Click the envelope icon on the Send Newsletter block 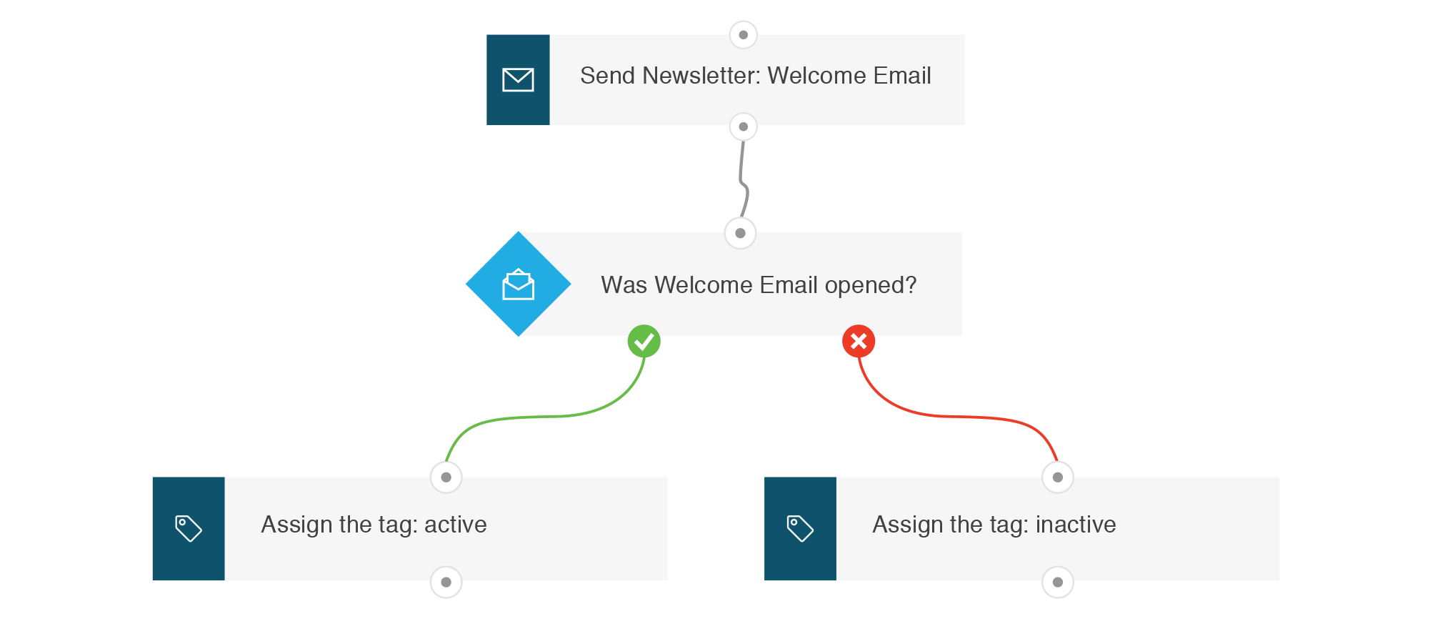pyautogui.click(x=518, y=80)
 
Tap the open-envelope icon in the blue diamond pyautogui.click(x=519, y=284)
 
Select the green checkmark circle pyautogui.click(x=644, y=341)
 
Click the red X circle pyautogui.click(x=859, y=341)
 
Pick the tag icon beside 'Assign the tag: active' pyautogui.click(x=189, y=528)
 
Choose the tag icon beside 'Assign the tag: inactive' pyautogui.click(x=800, y=528)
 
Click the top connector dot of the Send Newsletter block pyautogui.click(x=744, y=34)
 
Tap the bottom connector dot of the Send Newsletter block pyautogui.click(x=744, y=127)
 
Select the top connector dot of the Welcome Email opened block pyautogui.click(x=741, y=233)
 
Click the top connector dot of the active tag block pyautogui.click(x=446, y=477)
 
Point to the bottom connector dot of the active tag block pyautogui.click(x=446, y=582)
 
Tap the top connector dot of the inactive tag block pyautogui.click(x=1058, y=477)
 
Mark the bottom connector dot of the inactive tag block pyautogui.click(x=1058, y=582)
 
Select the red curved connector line pyautogui.click(x=957, y=416)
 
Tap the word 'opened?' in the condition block pyautogui.click(x=871, y=286)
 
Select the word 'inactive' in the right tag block pyautogui.click(x=1076, y=525)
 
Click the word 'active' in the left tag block pyautogui.click(x=456, y=525)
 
